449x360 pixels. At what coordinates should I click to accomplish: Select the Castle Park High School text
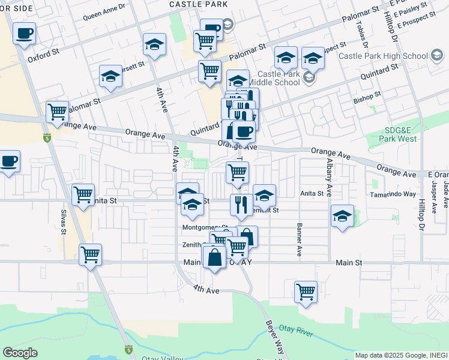(382, 56)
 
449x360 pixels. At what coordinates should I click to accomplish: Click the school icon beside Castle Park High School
(436, 56)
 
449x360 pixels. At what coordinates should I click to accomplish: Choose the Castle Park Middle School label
(279, 78)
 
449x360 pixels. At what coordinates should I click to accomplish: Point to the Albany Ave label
(329, 172)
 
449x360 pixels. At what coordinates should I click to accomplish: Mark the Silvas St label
(62, 220)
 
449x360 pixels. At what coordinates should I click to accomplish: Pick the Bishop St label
(367, 95)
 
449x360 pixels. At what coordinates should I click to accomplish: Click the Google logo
(20, 353)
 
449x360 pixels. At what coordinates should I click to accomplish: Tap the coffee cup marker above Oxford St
(24, 34)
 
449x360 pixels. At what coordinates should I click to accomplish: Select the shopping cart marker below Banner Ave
(306, 292)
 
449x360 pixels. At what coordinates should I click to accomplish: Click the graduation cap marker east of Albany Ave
(342, 217)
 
